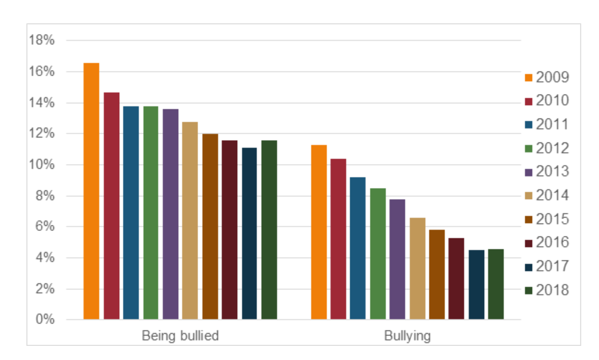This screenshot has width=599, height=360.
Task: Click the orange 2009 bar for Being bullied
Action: [x=92, y=191]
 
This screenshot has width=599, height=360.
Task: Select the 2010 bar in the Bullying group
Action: [x=338, y=239]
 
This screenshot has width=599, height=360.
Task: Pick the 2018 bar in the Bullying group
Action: [x=496, y=284]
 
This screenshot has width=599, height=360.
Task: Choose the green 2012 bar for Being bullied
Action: [x=151, y=213]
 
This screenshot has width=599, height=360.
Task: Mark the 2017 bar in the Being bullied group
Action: [x=249, y=233]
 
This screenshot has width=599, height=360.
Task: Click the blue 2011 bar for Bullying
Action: [x=358, y=248]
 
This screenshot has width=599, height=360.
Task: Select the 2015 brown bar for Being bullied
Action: [x=210, y=227]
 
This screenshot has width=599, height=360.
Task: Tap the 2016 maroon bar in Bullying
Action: [x=456, y=278]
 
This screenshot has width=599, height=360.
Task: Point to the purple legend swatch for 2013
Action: [x=528, y=173]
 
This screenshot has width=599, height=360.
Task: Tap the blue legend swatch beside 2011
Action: [x=528, y=125]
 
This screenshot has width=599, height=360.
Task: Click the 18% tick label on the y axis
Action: [x=42, y=41]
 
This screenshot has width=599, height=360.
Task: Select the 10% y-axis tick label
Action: [x=42, y=165]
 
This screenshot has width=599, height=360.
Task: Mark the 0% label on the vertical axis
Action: [x=44, y=320]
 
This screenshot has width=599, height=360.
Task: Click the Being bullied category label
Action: [x=180, y=336]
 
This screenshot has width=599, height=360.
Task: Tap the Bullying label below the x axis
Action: [x=407, y=336]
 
